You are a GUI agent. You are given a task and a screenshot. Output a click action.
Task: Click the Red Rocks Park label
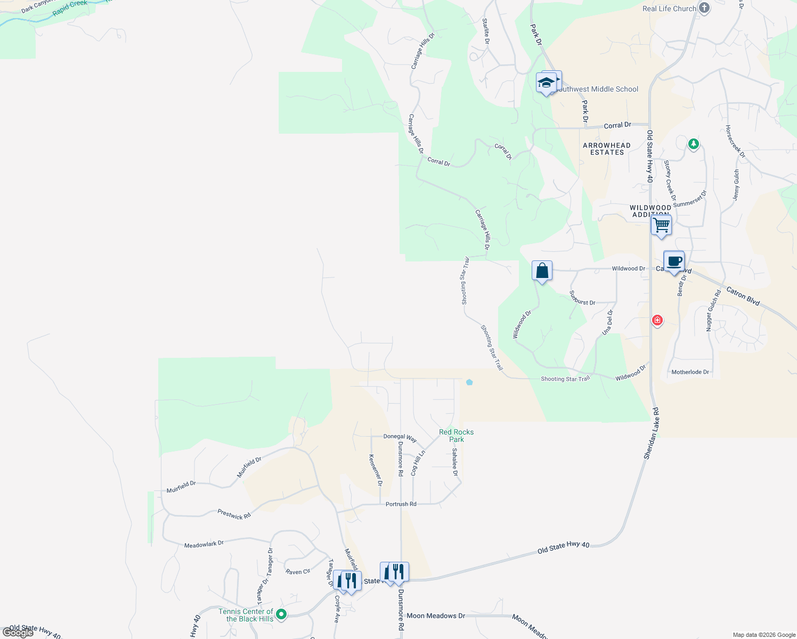(456, 436)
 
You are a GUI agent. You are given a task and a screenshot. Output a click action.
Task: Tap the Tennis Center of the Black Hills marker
(281, 615)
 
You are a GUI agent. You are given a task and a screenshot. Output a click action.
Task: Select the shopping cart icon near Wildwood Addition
(661, 225)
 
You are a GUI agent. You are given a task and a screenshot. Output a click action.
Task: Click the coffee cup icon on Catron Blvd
(674, 261)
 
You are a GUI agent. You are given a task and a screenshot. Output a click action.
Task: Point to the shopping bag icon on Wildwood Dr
(542, 271)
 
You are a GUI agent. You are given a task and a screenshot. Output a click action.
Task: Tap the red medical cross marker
(657, 320)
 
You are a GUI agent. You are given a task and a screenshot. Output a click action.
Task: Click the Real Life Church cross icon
(704, 8)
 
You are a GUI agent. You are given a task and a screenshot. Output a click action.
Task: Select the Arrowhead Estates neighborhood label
(607, 149)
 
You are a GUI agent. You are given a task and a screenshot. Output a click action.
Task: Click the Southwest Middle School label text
(597, 89)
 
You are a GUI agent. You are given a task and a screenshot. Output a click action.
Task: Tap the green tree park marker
(693, 143)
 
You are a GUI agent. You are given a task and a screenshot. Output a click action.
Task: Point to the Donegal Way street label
(400, 437)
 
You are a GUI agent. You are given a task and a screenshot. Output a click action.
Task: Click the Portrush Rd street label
(401, 504)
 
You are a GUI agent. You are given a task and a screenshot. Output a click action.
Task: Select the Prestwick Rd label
(234, 514)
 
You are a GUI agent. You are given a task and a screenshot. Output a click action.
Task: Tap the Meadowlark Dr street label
(204, 544)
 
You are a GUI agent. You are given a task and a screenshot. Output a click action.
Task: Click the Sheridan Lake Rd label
(651, 433)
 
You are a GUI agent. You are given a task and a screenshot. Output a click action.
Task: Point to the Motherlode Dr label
(690, 372)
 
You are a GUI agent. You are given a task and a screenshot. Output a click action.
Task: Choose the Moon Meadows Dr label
(436, 616)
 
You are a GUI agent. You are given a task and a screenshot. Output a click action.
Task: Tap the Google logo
(18, 633)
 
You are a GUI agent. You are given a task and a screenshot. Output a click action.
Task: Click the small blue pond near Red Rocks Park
(469, 382)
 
